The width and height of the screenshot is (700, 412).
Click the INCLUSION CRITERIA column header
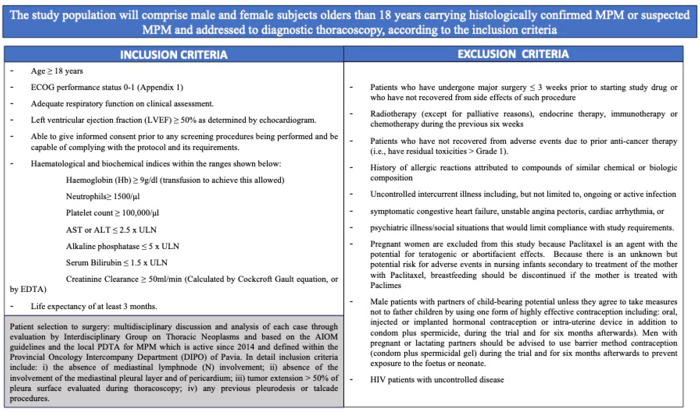[174, 55]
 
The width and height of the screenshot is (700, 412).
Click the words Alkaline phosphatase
[102, 246]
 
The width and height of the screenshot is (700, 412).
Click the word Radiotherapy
[393, 114]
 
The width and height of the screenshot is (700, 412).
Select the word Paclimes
[385, 285]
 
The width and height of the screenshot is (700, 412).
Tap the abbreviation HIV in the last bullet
[377, 380]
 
